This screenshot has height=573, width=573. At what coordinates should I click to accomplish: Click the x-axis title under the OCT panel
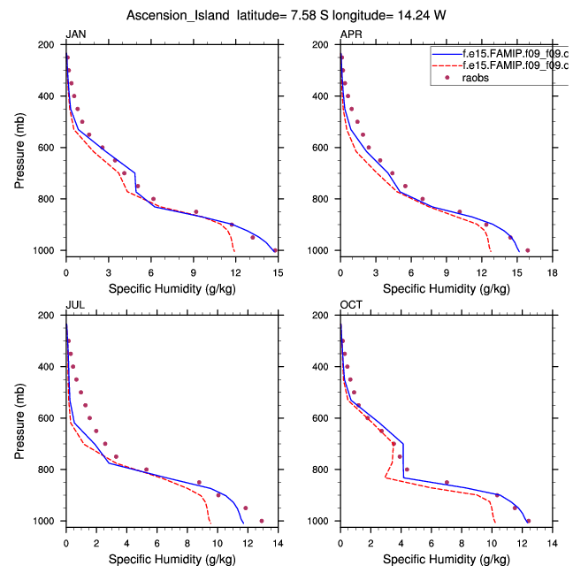[447, 559]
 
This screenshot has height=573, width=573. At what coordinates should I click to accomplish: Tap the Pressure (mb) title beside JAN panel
[20, 147]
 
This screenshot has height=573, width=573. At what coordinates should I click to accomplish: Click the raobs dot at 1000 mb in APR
[528, 250]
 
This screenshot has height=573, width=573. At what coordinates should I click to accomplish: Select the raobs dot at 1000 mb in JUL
[261, 521]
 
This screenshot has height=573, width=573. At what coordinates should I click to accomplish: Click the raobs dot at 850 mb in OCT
[447, 483]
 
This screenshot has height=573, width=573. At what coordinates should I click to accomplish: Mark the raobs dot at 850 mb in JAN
[196, 212]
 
